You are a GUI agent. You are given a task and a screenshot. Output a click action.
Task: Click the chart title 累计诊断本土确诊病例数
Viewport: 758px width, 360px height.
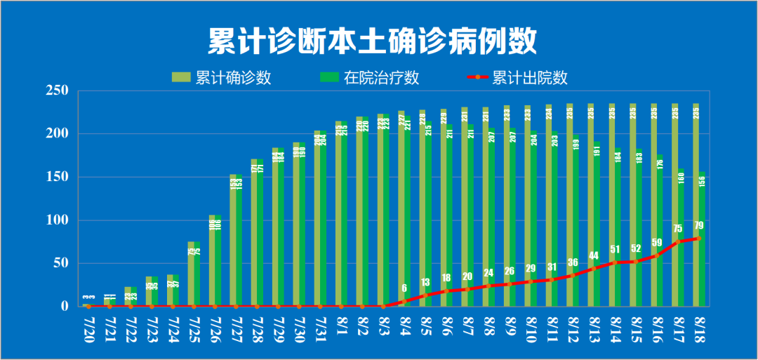(x=372, y=41)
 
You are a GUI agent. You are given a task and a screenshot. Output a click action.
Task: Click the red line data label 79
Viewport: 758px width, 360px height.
(x=698, y=225)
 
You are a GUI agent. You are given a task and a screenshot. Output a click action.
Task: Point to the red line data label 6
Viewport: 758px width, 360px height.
(x=404, y=288)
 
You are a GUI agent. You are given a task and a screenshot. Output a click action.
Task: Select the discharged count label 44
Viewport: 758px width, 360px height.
(x=594, y=255)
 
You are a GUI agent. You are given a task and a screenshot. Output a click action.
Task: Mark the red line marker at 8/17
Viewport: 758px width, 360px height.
(x=678, y=241)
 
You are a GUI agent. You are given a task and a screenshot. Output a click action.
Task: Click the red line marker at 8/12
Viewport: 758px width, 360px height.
(x=573, y=275)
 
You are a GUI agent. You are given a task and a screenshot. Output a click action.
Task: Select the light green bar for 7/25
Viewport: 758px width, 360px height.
(x=190, y=274)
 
